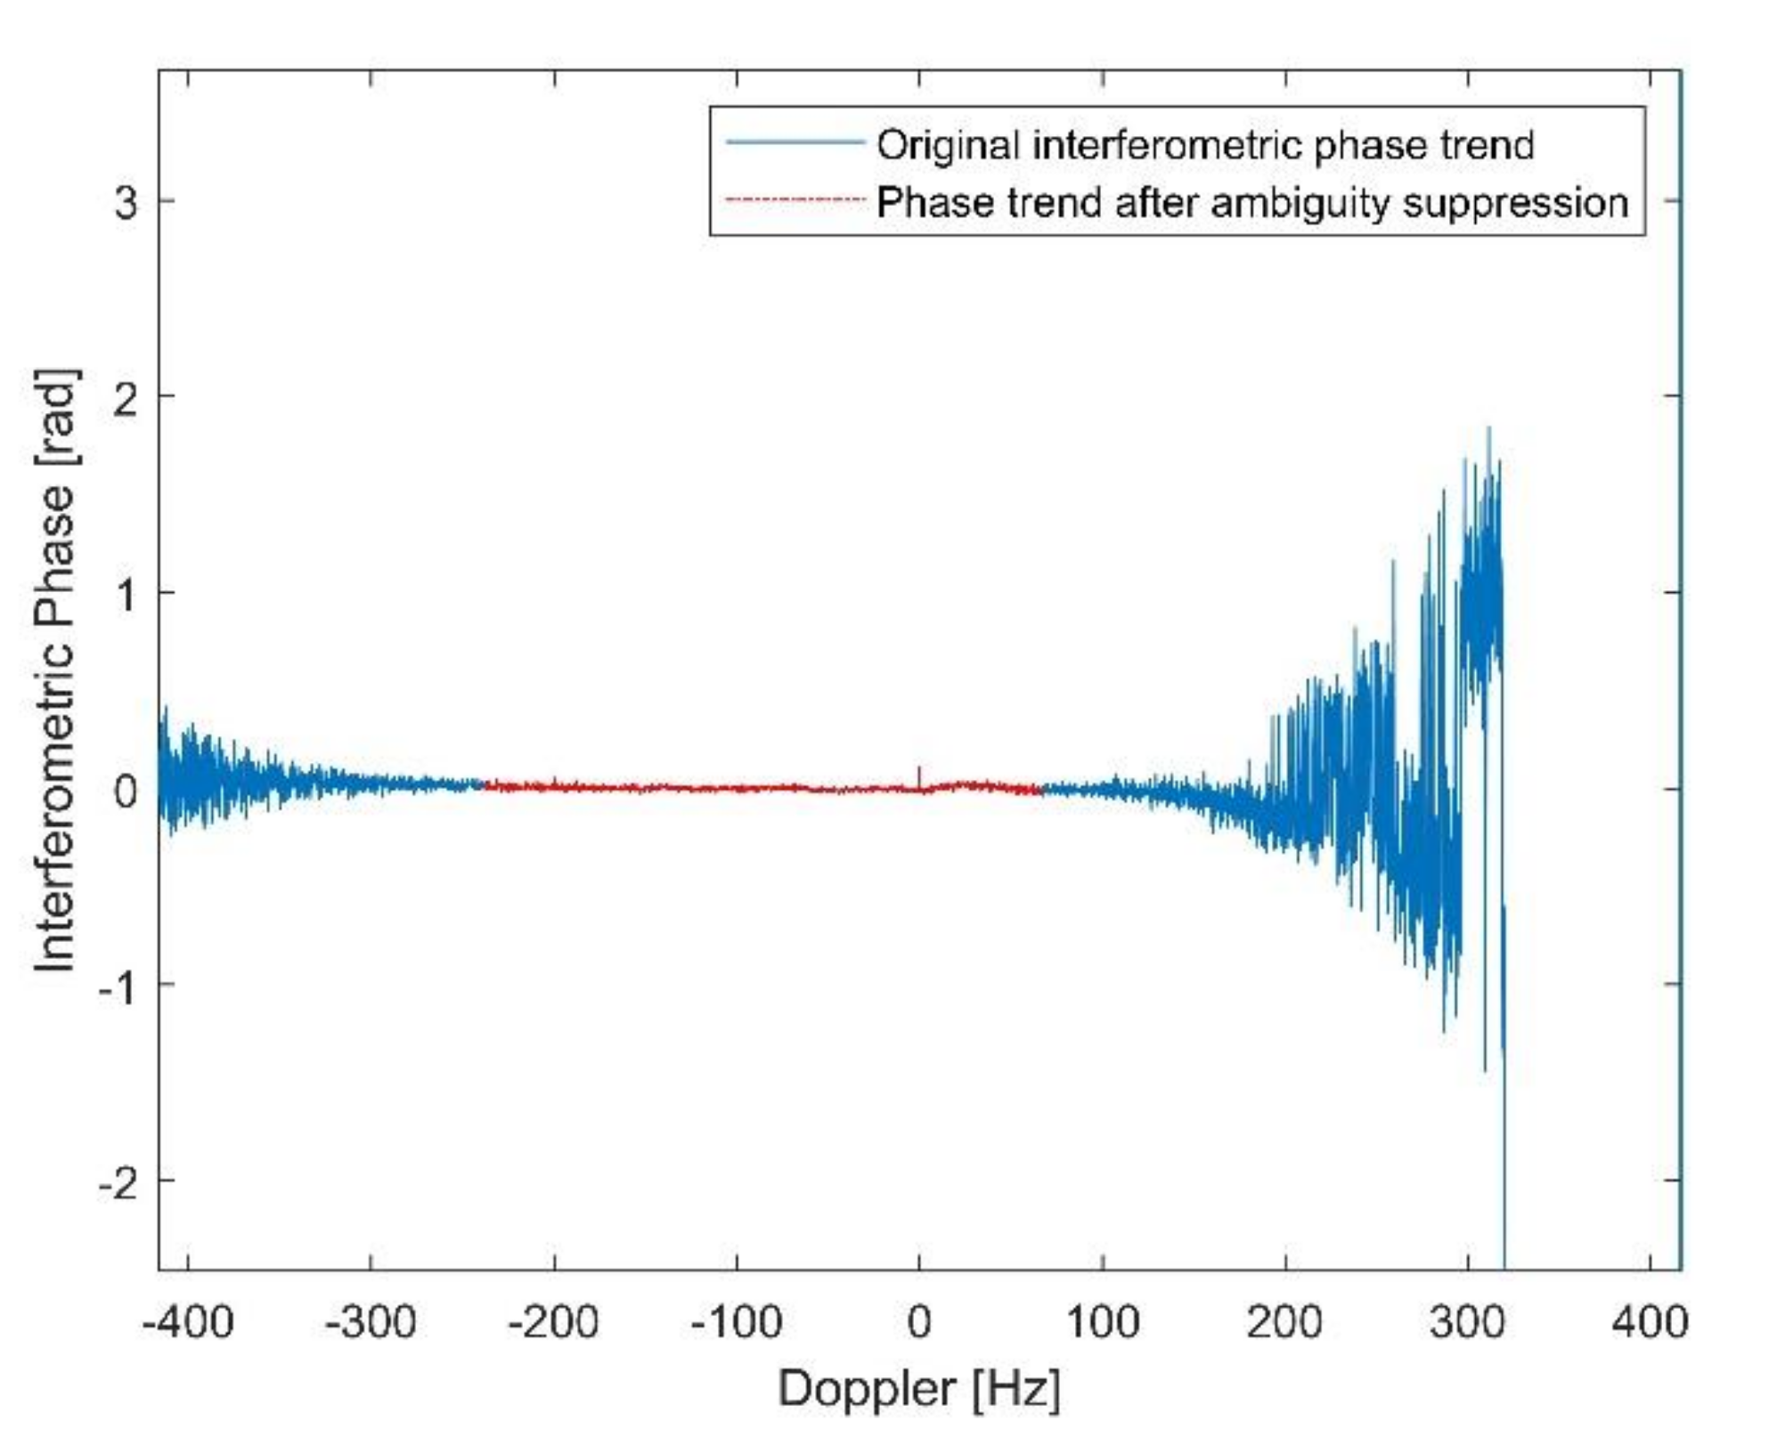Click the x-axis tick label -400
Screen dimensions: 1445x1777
click(x=188, y=1323)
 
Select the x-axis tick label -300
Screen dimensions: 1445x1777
click(x=371, y=1323)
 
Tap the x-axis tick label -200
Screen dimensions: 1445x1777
click(x=553, y=1323)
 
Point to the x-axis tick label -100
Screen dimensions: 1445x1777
click(x=737, y=1323)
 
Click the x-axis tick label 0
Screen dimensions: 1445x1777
click(x=919, y=1323)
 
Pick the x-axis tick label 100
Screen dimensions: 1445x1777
click(x=1102, y=1323)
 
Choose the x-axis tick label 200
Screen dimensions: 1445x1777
click(x=1284, y=1323)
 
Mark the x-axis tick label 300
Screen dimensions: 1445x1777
click(x=1467, y=1323)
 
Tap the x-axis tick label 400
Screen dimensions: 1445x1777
click(x=1650, y=1323)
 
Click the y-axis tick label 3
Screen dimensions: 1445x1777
click(x=126, y=202)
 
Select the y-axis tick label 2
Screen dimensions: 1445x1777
click(x=126, y=398)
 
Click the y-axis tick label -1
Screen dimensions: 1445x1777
click(x=118, y=986)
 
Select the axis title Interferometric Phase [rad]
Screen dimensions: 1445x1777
click(x=55, y=670)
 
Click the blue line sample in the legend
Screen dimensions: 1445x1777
click(x=794, y=142)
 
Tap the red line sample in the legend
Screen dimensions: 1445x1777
click(x=794, y=200)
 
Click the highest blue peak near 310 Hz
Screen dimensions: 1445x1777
click(x=1488, y=430)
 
